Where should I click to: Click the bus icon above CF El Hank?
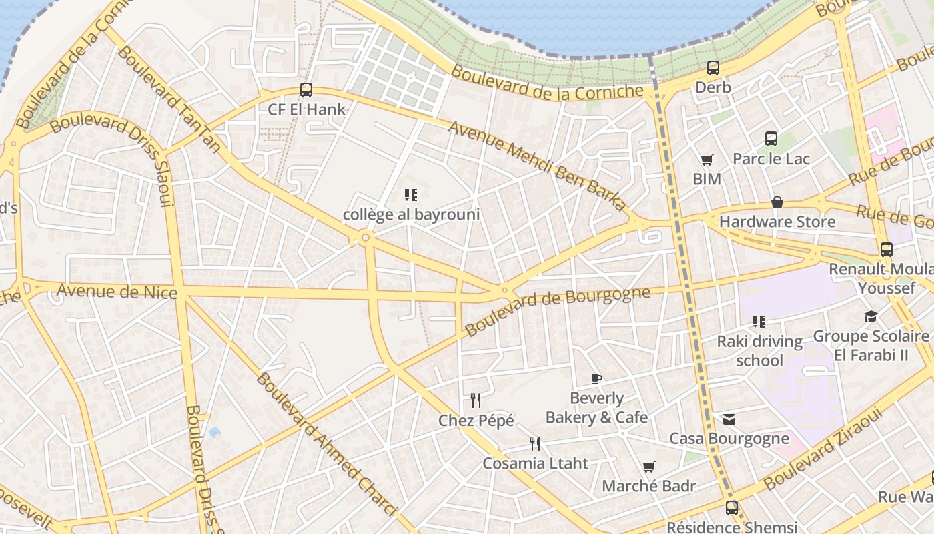tap(306, 89)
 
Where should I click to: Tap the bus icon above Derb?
tap(713, 67)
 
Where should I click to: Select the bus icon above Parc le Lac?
tap(771, 139)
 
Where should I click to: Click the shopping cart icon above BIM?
tap(707, 160)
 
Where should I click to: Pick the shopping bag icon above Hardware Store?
tap(777, 202)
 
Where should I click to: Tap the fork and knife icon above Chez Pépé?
tap(476, 400)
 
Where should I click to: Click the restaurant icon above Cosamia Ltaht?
tap(535, 443)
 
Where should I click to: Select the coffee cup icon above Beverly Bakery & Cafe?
tap(596, 378)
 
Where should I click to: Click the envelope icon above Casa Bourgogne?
tap(729, 419)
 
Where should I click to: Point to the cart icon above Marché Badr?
tap(648, 467)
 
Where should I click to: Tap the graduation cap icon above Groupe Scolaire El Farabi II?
tap(871, 316)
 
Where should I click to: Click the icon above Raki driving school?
tap(759, 322)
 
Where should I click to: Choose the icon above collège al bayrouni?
tap(411, 195)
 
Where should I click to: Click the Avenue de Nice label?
tap(117, 292)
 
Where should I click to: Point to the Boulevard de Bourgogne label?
tap(557, 311)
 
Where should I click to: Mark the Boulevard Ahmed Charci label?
tap(326, 445)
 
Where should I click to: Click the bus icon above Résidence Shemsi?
tap(732, 508)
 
